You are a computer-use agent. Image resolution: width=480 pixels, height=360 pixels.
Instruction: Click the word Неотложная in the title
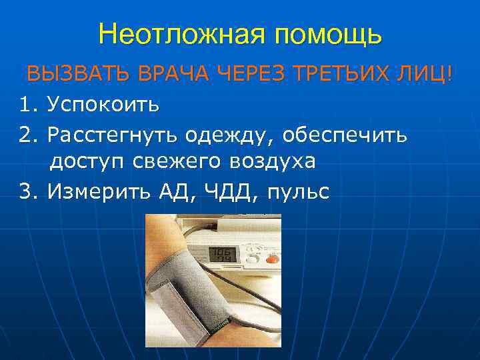point(173,34)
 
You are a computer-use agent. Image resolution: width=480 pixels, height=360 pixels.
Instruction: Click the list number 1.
point(27,105)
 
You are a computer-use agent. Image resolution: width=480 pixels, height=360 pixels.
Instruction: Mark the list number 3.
point(27,192)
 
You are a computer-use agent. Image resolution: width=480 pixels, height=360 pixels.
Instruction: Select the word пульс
point(297,192)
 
